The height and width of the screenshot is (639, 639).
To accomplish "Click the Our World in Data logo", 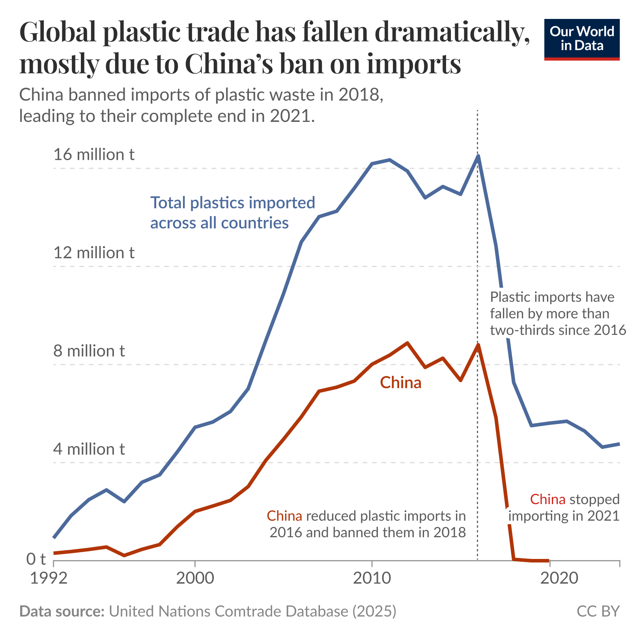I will (581, 39).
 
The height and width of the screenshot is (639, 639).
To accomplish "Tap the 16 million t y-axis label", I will (94, 155).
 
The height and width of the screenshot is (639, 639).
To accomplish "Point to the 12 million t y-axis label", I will (94, 253).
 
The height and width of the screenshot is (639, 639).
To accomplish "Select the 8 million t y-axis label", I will (89, 351).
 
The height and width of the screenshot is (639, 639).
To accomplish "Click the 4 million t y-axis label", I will (89, 449).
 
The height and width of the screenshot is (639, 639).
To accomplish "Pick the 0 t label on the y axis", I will (36, 559).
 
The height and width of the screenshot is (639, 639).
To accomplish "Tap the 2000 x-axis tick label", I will (195, 578).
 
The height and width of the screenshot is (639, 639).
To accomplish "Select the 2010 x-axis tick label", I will (372, 578).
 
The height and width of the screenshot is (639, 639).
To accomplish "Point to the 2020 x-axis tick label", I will (549, 578).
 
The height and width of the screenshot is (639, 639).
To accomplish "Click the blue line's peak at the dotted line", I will (478, 156).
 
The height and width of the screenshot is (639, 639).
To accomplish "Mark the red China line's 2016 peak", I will (478, 345).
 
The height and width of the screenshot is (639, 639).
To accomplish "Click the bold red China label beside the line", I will (400, 383).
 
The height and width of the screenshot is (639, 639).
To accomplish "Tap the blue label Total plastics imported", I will (233, 203).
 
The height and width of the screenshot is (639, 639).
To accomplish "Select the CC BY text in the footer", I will (598, 611).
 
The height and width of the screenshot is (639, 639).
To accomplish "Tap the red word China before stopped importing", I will (548, 499).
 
